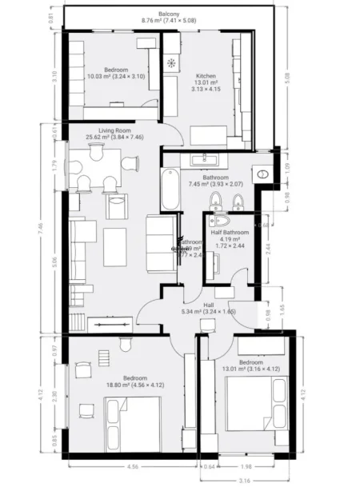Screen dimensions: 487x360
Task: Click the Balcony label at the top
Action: [169, 14]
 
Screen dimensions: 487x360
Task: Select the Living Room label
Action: [115, 130]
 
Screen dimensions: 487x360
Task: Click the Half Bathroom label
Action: [230, 232]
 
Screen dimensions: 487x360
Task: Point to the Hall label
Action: [208, 305]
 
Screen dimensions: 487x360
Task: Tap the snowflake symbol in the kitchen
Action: [171, 63]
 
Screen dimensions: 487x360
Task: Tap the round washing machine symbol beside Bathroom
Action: [263, 173]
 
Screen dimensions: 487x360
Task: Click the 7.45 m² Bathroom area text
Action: [215, 184]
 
